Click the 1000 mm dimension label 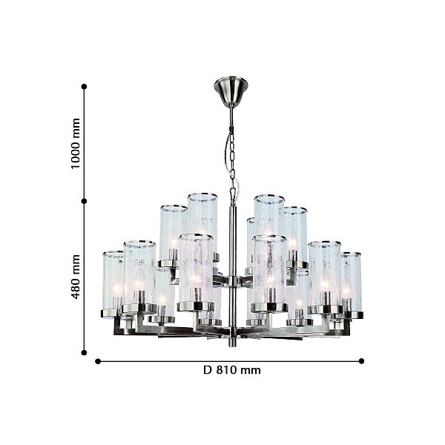pos(76,144)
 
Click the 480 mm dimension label pos(76,277)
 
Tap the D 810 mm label pos(232,370)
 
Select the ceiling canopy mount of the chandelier pos(231,91)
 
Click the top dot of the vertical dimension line pos(84,87)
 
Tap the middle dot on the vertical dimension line pos(84,201)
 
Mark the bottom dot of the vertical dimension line pos(84,353)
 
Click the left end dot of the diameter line pos(98,361)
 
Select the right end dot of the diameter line pos(361,361)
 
